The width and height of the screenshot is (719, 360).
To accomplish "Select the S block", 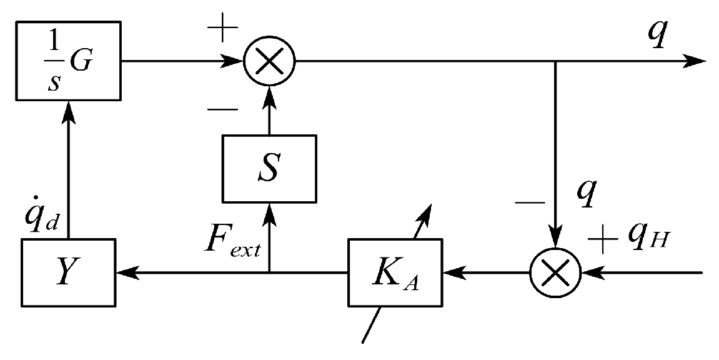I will [x=269, y=168].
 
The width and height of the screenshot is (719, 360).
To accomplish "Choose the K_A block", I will [x=394, y=272].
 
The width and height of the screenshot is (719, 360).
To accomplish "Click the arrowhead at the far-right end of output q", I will [x=697, y=61].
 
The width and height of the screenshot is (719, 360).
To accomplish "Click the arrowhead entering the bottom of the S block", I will [x=269, y=211].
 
